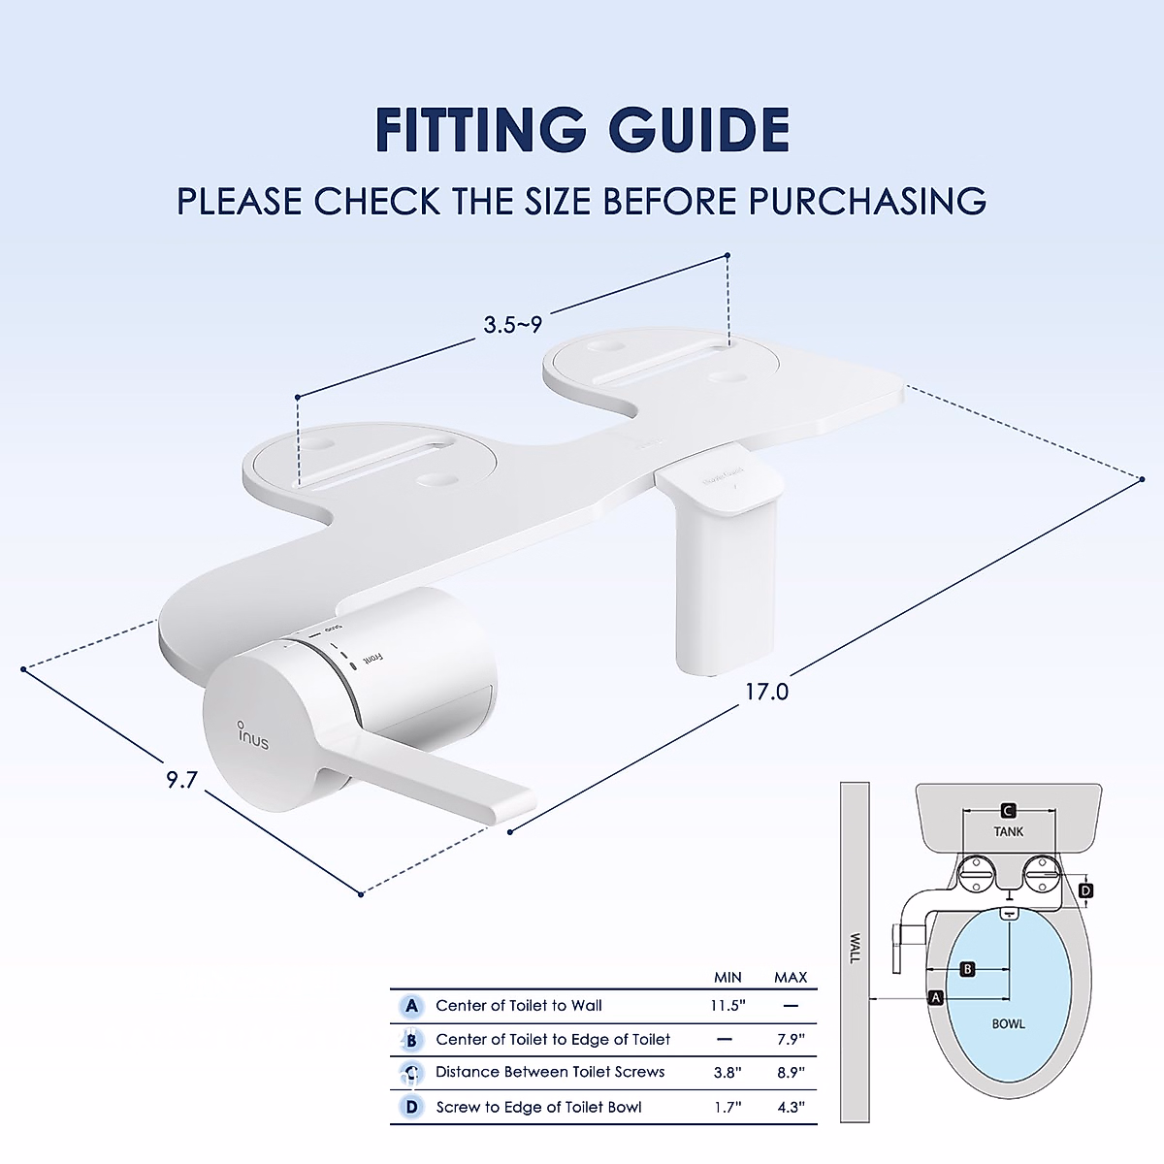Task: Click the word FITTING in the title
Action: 480,130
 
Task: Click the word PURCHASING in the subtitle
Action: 867,201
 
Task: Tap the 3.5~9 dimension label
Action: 513,324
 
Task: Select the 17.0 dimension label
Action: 766,692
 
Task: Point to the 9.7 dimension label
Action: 181,779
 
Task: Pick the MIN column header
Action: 727,977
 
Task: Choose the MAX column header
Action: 791,977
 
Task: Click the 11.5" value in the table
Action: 727,1006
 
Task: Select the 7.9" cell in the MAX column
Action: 791,1039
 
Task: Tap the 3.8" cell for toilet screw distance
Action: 727,1072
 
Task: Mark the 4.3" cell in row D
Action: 791,1107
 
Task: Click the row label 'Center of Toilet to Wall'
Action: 519,1006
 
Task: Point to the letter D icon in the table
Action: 412,1107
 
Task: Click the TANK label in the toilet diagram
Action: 1008,831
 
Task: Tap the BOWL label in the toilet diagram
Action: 1008,1023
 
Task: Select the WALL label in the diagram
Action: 855,948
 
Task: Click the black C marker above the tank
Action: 1008,810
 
